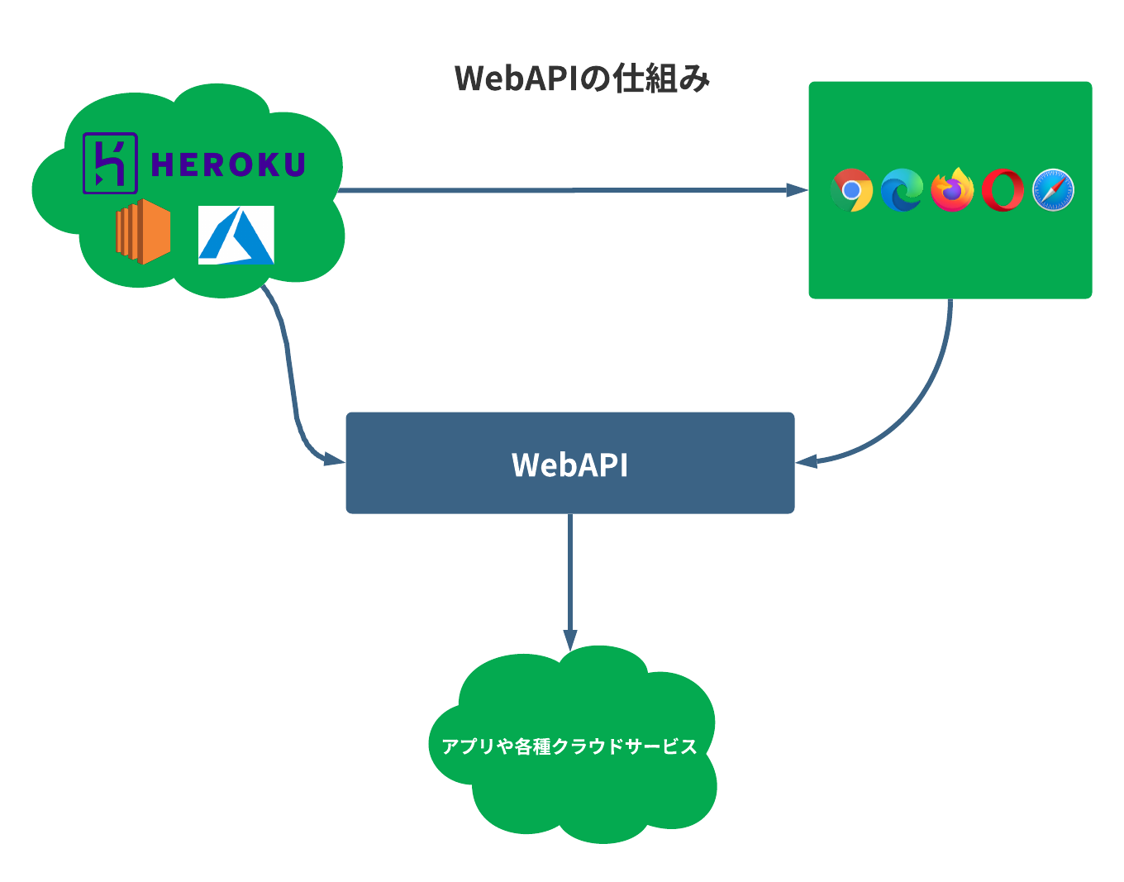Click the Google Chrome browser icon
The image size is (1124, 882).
[x=851, y=190]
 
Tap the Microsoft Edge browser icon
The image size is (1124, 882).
[x=902, y=190]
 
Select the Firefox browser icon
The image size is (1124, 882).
[x=952, y=190]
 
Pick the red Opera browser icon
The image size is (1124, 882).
[x=1003, y=190]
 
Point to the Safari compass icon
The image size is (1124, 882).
[x=1054, y=190]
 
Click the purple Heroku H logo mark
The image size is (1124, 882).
[x=110, y=164]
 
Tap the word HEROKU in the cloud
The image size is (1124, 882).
[x=228, y=164]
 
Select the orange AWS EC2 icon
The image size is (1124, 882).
[x=143, y=231]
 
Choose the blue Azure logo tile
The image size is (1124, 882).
[x=236, y=236]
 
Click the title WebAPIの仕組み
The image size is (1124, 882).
[x=583, y=79]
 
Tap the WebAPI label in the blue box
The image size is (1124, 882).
[x=570, y=465]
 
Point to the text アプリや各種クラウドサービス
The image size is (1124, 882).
[x=570, y=746]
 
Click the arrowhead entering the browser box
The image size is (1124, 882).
[x=798, y=191]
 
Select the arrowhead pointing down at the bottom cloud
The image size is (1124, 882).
[x=570, y=640]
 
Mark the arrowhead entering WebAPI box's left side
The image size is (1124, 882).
[x=336, y=458]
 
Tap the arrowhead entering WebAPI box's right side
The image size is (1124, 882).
[x=806, y=460]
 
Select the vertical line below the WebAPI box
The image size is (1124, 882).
[x=570, y=570]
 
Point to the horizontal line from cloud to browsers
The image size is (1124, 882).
[x=562, y=191]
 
